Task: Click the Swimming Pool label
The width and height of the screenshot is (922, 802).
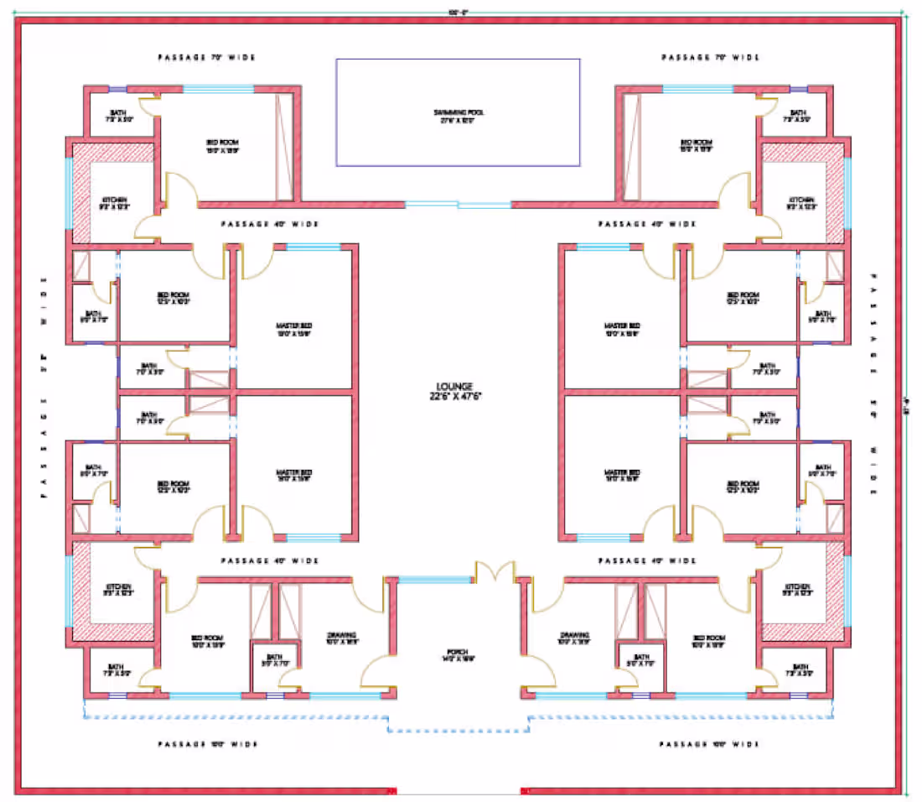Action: tap(458, 116)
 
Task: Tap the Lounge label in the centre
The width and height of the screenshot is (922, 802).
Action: tap(459, 391)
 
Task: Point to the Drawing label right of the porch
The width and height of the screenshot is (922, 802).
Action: tap(577, 638)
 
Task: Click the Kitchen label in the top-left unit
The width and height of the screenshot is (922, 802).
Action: tap(116, 203)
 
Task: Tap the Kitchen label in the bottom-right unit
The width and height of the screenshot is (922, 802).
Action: tap(798, 590)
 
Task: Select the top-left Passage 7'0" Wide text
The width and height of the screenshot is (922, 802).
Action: tap(206, 58)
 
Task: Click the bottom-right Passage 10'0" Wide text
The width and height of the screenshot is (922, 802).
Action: tap(709, 744)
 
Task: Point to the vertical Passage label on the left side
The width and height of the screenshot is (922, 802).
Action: tap(44, 386)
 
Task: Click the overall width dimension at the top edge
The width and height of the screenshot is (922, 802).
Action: tap(458, 12)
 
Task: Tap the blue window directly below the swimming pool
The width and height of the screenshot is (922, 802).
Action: tap(458, 204)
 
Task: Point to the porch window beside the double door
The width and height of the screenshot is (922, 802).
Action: tap(433, 579)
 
